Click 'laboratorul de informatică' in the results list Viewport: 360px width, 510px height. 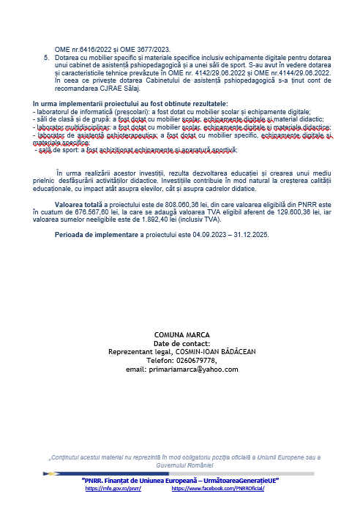click(69, 113)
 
